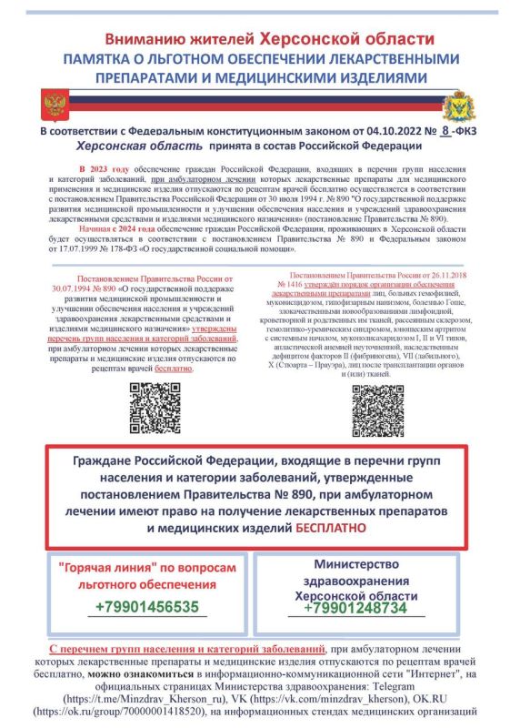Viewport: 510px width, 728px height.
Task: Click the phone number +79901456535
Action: click(146, 606)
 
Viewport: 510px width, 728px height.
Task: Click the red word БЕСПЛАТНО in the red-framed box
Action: click(331, 527)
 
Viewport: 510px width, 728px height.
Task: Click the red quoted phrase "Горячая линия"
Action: click(97, 566)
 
